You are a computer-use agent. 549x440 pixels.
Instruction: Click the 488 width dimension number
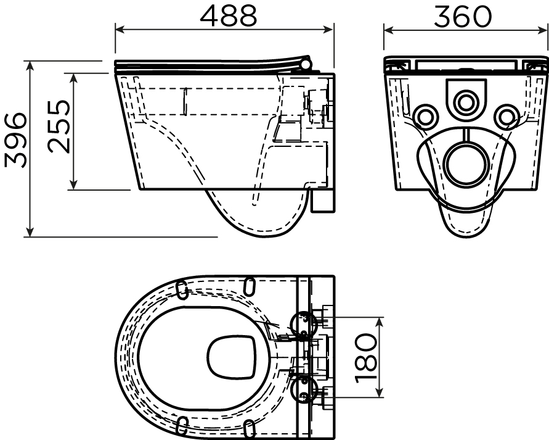click(x=228, y=15)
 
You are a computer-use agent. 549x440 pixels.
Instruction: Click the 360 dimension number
click(x=463, y=16)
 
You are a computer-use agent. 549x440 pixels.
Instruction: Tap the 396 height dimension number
click(x=15, y=140)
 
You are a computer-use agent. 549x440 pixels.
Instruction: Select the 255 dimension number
click(x=58, y=127)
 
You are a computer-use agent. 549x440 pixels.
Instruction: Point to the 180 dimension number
click(x=365, y=357)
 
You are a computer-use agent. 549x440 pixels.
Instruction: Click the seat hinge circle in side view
click(x=306, y=64)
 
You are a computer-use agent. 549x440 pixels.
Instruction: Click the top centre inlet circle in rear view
click(x=466, y=102)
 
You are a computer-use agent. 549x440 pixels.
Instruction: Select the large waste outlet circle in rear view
click(x=466, y=164)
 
